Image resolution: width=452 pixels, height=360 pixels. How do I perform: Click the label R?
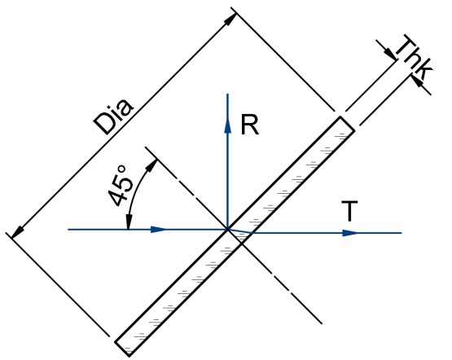pos(250,125)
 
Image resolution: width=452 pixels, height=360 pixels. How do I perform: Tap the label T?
pos(349,211)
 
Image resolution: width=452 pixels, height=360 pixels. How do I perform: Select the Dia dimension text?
pos(114,116)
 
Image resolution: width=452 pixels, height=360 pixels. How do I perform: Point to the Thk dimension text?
pos(413,58)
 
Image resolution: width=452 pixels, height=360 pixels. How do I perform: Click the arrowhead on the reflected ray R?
pos(228,125)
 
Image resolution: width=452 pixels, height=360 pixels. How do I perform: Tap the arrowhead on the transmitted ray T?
pos(350,233)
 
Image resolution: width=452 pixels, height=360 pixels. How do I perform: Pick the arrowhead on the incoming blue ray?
pos(159,230)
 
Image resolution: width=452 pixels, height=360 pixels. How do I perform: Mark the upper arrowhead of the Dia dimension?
pos(230,20)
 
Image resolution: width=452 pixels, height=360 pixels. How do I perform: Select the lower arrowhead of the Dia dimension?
pos(18,232)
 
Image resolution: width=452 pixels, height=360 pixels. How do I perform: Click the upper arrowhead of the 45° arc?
pos(151,165)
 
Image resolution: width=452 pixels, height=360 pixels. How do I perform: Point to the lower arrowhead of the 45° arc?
pos(129,222)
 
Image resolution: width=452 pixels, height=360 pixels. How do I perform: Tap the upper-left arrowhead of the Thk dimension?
pos(390,52)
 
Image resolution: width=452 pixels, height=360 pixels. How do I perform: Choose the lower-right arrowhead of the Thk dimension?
pos(418,81)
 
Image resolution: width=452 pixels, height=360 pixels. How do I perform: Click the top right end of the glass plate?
pos(348,124)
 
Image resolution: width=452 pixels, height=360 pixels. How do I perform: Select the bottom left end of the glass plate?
pos(122,349)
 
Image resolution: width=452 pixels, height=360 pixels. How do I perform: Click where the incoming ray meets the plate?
pos(228,230)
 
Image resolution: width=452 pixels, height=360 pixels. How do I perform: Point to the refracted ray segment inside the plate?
pos(239,231)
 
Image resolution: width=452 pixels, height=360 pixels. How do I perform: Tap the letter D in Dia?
pos(102,126)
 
